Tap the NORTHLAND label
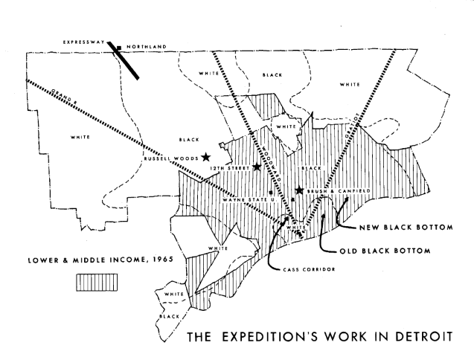pyautogui.click(x=147, y=46)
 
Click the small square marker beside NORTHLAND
pyautogui.click(x=121, y=46)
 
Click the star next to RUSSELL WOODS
pyautogui.click(x=205, y=156)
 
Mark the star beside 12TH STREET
pyautogui.click(x=257, y=167)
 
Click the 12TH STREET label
pyautogui.click(x=229, y=167)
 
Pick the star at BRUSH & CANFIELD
pyautogui.click(x=299, y=190)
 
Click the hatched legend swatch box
pyautogui.click(x=96, y=281)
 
